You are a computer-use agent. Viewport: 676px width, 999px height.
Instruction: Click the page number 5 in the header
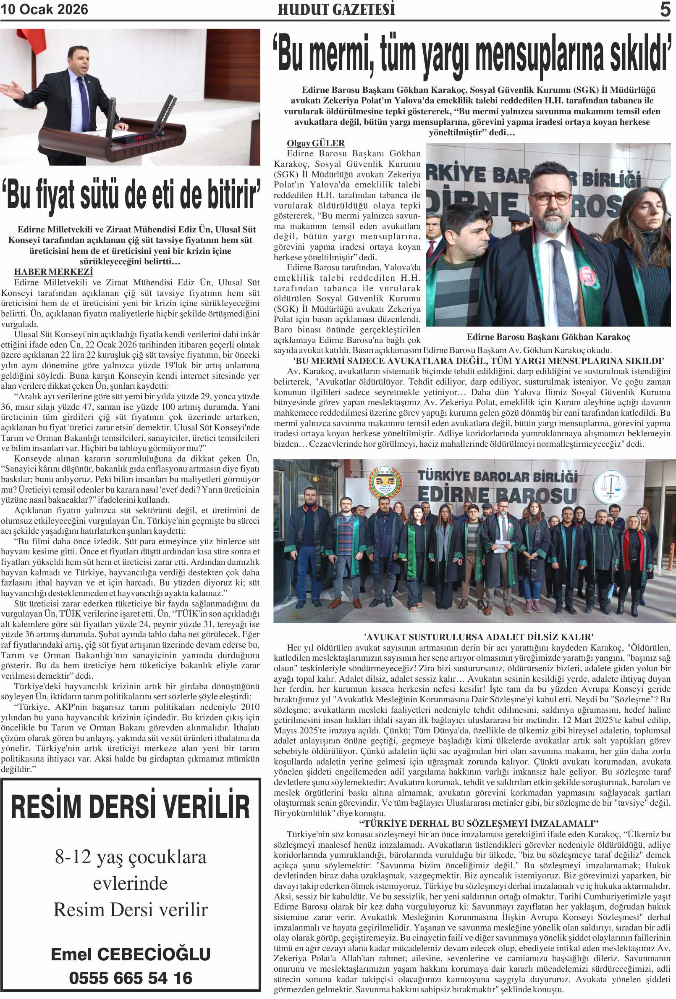pyautogui.click(x=664, y=10)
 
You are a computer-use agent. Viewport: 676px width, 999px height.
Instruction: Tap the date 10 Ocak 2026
pyautogui.click(x=44, y=10)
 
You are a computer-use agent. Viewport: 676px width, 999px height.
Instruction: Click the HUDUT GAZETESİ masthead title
pyautogui.click(x=336, y=10)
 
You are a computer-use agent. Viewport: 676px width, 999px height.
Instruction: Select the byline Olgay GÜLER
pyautogui.click(x=316, y=143)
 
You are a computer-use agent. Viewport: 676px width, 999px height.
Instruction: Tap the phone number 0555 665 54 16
pyautogui.click(x=131, y=978)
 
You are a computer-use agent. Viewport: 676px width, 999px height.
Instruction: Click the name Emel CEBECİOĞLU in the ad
pyautogui.click(x=131, y=954)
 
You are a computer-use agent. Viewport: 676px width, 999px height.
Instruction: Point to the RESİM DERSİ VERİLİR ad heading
pyautogui.click(x=131, y=807)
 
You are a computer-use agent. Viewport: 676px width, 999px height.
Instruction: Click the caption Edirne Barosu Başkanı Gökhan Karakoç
pyautogui.click(x=548, y=337)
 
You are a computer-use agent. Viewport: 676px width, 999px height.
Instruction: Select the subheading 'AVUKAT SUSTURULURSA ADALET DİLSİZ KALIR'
pyautogui.click(x=472, y=637)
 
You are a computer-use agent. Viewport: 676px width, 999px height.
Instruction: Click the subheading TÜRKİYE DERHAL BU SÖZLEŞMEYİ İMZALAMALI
pyautogui.click(x=472, y=824)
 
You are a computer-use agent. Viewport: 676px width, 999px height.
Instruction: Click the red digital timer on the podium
pyautogui.click(x=140, y=138)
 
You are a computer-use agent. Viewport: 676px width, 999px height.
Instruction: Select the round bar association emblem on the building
pyautogui.click(x=385, y=483)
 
